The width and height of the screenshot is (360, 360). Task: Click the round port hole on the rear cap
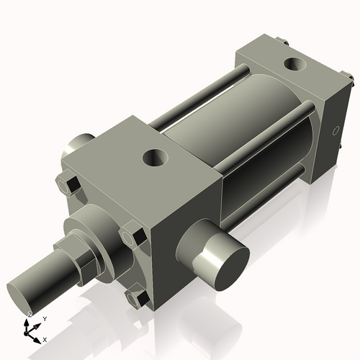tap(296, 66)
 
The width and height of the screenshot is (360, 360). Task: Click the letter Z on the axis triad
tap(30, 315)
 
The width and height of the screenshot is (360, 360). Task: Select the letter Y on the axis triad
tap(45, 319)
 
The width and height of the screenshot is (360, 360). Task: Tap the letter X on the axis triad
tap(45, 338)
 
